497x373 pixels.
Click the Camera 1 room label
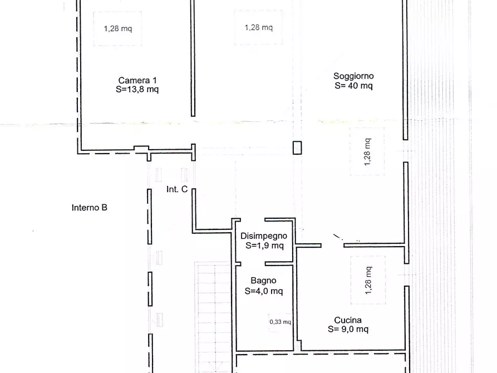coord(137,80)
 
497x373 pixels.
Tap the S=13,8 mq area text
coord(137,90)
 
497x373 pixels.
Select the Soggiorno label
coord(353,76)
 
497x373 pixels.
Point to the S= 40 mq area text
coord(353,86)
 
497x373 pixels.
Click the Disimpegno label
coord(264,236)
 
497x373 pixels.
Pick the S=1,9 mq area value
coord(264,246)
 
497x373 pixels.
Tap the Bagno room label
coord(263,281)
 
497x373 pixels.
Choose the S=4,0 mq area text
coord(264,291)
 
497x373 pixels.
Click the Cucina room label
coord(348,320)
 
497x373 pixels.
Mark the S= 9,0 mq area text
coord(348,329)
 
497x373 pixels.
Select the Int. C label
coord(177,189)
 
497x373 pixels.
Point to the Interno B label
coord(90,208)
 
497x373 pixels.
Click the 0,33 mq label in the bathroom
coord(280,322)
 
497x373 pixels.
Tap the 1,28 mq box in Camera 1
coord(117,28)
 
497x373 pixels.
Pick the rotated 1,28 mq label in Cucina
coord(368,281)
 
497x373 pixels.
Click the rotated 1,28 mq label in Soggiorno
coord(367,152)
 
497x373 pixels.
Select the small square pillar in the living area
coord(297,148)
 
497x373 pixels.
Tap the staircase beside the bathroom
coord(213,317)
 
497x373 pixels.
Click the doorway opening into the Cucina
coord(332,245)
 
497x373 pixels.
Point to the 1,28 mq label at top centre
coord(259,28)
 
